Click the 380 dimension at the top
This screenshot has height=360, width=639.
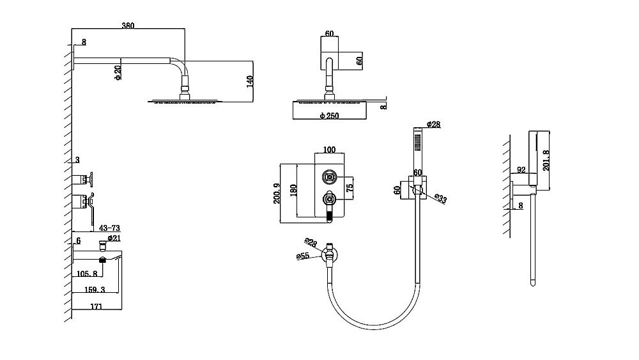point(128,26)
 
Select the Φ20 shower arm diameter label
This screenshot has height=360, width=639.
point(118,72)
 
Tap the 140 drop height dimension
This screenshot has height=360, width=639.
point(250,82)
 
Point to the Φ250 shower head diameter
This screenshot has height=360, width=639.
point(329,116)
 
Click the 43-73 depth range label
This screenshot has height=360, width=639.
point(109,228)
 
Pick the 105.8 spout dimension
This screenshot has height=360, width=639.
point(87,274)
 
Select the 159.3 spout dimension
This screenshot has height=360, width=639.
point(95,290)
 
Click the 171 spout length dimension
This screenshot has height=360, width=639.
point(96,306)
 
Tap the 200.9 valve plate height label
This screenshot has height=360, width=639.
point(277,194)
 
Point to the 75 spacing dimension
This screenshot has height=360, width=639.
point(349,188)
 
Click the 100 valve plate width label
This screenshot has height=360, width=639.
point(329,150)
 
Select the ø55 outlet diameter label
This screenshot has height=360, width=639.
point(303,256)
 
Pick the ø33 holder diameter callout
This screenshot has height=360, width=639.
point(440,198)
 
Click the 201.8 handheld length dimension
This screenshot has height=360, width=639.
point(546,160)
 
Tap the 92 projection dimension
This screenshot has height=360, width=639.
point(521,169)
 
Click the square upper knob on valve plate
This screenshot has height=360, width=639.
point(329,177)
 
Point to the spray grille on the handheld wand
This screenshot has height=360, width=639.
point(417,143)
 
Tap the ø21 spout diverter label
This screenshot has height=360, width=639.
point(114,238)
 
